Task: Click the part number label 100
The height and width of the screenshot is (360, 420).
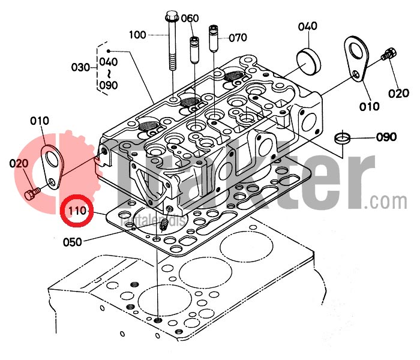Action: (x=137, y=35)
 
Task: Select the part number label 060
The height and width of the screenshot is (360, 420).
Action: (x=190, y=18)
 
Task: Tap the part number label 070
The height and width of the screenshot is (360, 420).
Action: (x=238, y=37)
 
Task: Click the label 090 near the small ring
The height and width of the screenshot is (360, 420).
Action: (x=386, y=137)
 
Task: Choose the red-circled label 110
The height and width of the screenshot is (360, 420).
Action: (x=78, y=211)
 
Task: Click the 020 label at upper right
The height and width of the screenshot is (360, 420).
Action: (x=400, y=93)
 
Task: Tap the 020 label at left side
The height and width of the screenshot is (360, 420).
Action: (x=18, y=163)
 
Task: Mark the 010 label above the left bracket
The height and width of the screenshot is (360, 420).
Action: (x=39, y=122)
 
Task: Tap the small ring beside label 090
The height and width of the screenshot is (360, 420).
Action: (x=343, y=137)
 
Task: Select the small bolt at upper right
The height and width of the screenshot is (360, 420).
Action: (x=389, y=55)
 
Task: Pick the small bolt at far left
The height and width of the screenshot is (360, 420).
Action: (x=33, y=193)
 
